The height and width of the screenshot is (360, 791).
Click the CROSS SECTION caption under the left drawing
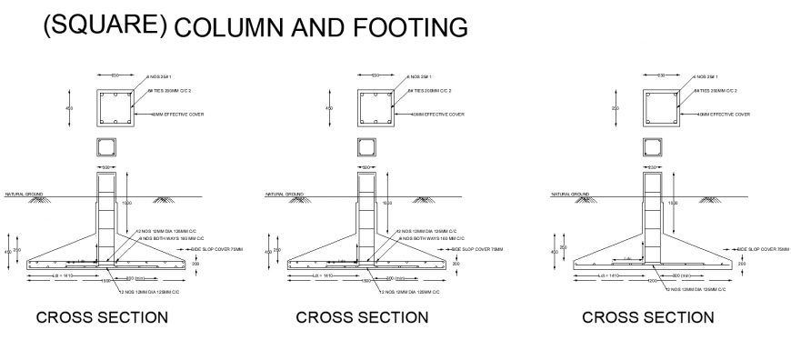click(x=101, y=317)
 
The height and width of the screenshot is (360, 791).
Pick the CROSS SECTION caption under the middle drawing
click(x=362, y=317)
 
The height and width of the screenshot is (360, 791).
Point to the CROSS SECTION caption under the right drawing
click(x=647, y=317)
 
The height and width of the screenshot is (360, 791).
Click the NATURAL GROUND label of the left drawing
click(x=22, y=194)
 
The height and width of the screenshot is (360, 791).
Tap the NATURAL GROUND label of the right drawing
click(x=571, y=194)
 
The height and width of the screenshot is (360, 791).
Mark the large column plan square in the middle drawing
click(x=374, y=108)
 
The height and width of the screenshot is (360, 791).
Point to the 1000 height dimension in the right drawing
click(x=673, y=203)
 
